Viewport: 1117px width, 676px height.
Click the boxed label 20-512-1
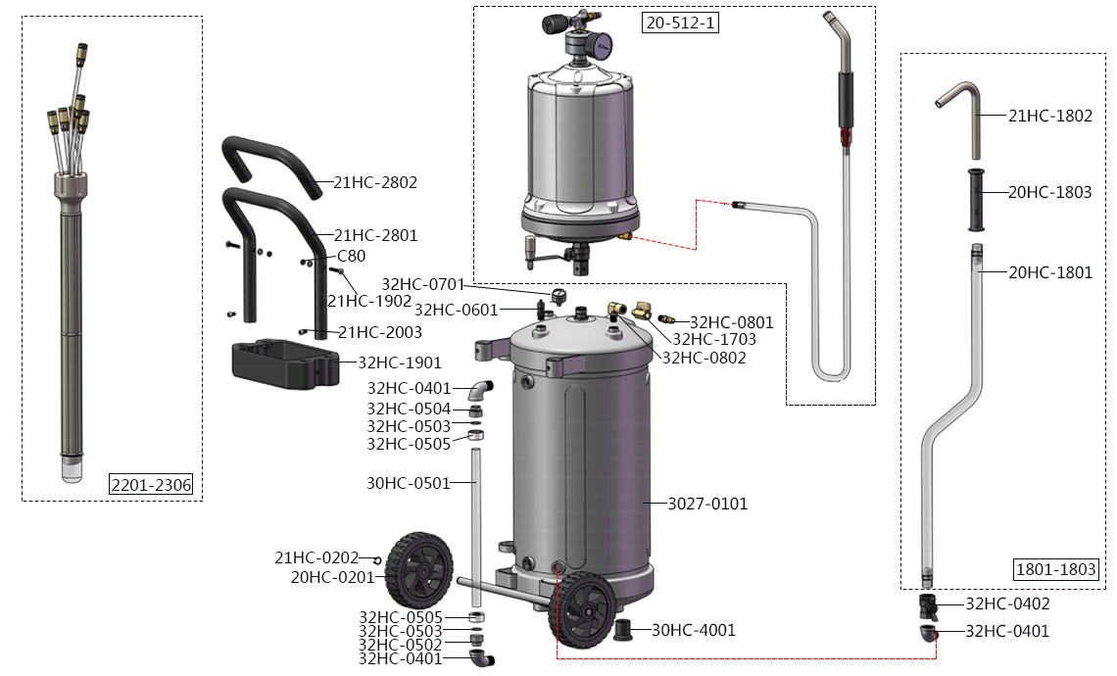[x=681, y=23]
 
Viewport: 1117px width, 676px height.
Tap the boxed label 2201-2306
[x=151, y=485]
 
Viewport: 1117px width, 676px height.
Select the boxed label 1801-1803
[x=1054, y=569]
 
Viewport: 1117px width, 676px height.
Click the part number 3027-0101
[x=707, y=504]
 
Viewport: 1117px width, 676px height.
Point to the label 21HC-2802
[x=375, y=182]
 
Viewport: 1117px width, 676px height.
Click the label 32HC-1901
[x=400, y=362]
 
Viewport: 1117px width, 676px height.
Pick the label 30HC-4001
[x=693, y=630]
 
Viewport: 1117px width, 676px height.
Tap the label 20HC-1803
[x=1049, y=192]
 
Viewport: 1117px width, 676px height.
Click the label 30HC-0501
[x=408, y=483]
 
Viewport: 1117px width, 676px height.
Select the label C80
[x=351, y=256]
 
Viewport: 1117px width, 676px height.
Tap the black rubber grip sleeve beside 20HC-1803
[x=976, y=200]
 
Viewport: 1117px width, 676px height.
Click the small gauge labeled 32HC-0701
[x=558, y=295]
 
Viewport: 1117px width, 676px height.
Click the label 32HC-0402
[x=1007, y=604]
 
